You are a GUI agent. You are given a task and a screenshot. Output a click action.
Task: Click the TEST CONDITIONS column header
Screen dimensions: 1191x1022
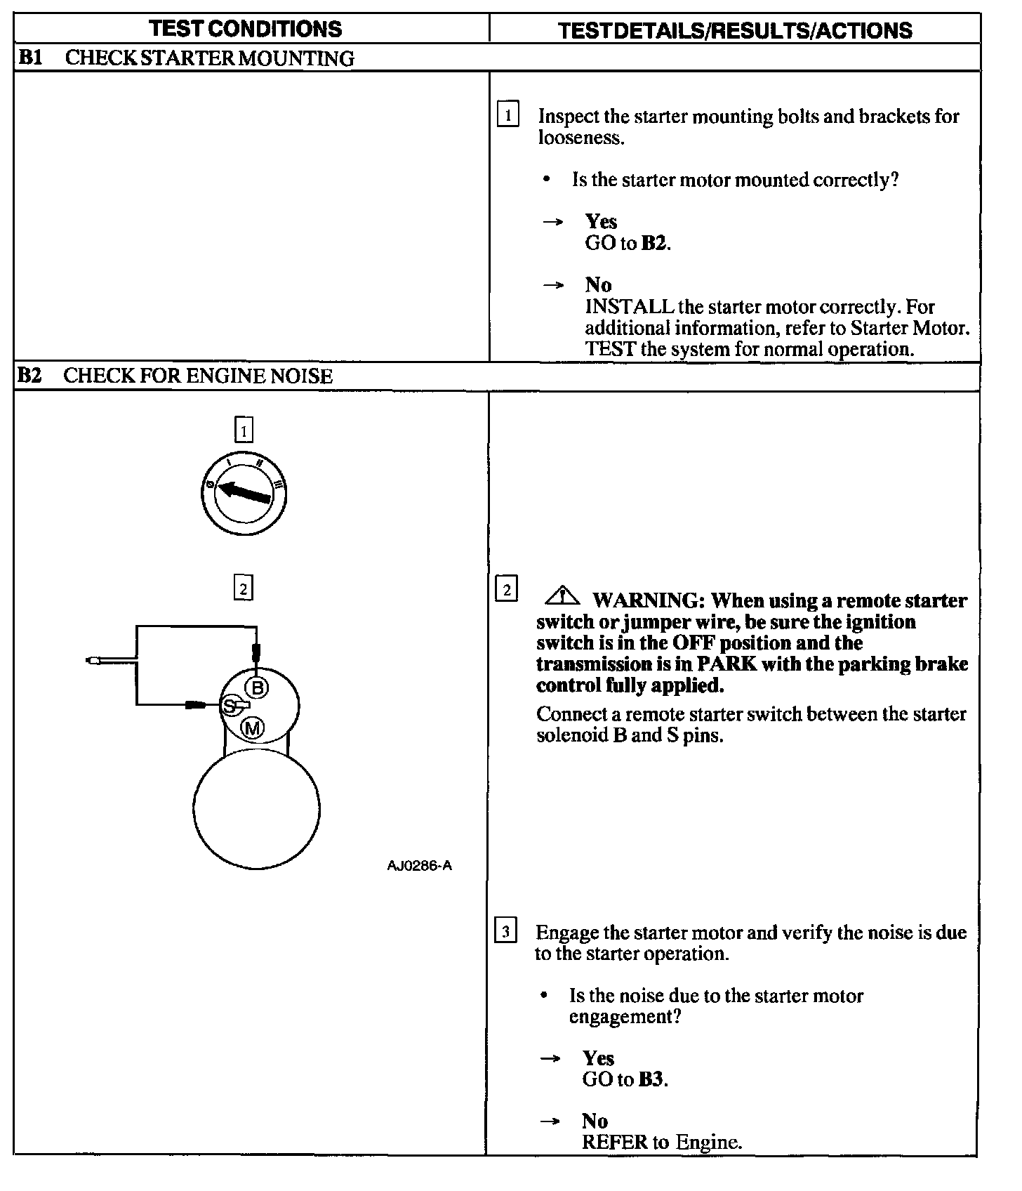click(245, 29)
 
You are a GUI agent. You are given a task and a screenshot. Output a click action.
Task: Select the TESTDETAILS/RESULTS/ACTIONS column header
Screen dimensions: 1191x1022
click(735, 30)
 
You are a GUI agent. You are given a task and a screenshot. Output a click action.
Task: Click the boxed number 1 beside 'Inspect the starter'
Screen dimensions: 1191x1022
click(507, 114)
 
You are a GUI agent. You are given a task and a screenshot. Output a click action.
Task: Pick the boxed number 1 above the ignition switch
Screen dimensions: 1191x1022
click(244, 430)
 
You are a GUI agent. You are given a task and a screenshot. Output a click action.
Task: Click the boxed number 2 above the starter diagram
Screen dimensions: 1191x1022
click(243, 588)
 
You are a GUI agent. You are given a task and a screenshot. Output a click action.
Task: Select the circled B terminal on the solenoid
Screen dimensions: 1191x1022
click(258, 687)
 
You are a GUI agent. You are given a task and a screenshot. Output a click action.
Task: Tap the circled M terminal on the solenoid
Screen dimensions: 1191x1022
click(252, 728)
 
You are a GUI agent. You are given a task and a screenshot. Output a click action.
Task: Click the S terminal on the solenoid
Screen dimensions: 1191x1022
click(229, 706)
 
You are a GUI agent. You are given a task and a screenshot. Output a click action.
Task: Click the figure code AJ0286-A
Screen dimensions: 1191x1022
click(419, 866)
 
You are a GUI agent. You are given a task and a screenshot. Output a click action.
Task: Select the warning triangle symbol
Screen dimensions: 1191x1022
click(562, 597)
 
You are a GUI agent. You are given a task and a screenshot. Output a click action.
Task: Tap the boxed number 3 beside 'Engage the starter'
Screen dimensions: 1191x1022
click(505, 931)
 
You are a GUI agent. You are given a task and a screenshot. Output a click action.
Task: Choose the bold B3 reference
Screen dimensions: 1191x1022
click(651, 1079)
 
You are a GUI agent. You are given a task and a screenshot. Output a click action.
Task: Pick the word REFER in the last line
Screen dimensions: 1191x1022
click(615, 1142)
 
